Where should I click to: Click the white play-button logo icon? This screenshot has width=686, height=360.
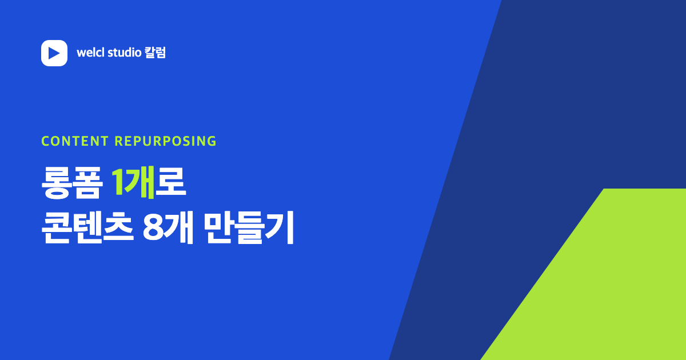tap(54, 53)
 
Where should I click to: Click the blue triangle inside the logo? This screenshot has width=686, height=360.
tap(54, 53)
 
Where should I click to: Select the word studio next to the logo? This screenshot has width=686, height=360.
tap(125, 53)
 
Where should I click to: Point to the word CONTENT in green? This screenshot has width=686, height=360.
tap(75, 141)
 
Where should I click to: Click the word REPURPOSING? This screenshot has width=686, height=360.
tap(165, 141)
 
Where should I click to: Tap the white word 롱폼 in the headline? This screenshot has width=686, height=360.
tap(72, 183)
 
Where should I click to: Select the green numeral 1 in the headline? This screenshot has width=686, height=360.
tap(117, 182)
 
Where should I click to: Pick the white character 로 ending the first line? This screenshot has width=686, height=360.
tap(170, 182)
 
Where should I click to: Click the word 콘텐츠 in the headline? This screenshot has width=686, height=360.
tap(87, 228)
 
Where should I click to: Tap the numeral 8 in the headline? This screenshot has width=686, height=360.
tap(153, 228)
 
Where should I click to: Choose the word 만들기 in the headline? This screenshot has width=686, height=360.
tap(248, 228)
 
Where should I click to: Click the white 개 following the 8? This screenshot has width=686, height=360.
tap(178, 228)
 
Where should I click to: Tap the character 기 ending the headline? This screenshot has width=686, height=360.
tap(280, 228)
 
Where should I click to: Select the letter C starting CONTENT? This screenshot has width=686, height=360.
tap(46, 141)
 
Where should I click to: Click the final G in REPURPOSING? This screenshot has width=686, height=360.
tap(212, 141)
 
